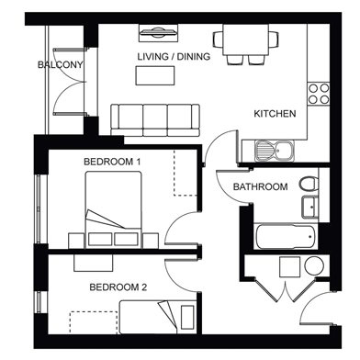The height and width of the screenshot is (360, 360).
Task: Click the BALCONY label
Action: click(61, 64)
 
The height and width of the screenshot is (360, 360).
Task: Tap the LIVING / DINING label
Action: click(174, 56)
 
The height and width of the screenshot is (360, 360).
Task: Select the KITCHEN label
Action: click(275, 114)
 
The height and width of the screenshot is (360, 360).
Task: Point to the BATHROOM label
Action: click(261, 186)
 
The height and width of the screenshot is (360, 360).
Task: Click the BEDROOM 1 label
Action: click(112, 162)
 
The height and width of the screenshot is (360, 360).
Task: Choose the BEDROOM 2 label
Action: click(118, 287)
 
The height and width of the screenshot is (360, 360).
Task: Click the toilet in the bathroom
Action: click(309, 185)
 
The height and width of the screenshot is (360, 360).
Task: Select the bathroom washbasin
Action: click(310, 207)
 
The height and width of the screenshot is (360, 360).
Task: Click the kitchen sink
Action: click(275, 151)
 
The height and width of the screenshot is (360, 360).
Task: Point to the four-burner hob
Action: click(319, 94)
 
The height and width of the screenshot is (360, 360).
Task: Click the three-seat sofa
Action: click(155, 120)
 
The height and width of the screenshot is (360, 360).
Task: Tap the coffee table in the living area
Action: click(155, 75)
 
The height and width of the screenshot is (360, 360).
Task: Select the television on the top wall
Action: click(158, 33)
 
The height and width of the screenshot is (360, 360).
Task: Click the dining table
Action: click(246, 39)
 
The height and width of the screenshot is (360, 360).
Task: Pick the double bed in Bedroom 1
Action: click(113, 209)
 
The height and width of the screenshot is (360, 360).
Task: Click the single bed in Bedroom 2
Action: click(157, 317)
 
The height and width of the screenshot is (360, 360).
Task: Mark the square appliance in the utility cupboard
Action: click(289, 267)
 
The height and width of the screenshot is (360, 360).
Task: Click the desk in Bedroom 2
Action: click(94, 263)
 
